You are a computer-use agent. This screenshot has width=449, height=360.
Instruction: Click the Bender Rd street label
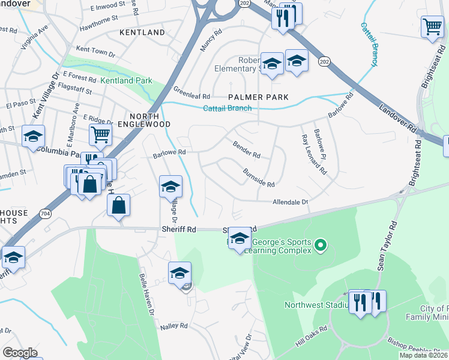[x=247, y=150]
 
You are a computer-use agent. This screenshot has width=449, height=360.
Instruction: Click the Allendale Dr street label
[x=291, y=202]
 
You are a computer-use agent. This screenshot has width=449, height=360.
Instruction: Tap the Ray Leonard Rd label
[x=314, y=155]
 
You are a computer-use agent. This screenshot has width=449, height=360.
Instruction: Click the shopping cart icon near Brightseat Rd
[x=432, y=26]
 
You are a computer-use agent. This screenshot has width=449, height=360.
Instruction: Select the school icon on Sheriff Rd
[x=240, y=239]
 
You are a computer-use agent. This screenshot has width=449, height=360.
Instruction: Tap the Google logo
[x=20, y=353]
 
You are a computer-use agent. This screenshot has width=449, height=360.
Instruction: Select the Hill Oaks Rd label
[x=311, y=337]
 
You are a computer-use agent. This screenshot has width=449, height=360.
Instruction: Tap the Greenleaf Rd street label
[x=192, y=95]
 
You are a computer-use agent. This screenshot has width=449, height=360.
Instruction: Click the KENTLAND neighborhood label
[x=142, y=32]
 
